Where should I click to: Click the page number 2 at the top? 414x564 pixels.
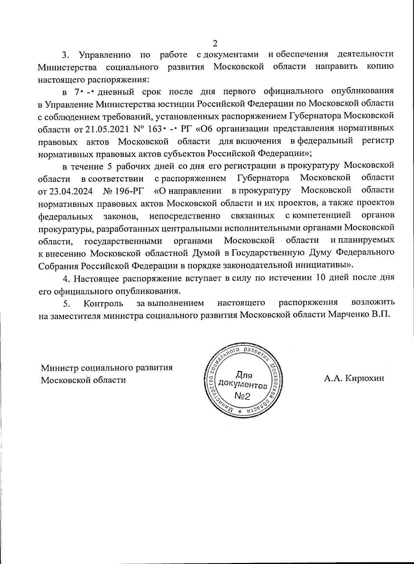215,43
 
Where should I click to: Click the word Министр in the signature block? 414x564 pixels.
59,367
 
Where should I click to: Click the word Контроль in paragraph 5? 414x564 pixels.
103,303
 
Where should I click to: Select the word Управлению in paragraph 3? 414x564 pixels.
105,55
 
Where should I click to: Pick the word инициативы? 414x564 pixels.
323,265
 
